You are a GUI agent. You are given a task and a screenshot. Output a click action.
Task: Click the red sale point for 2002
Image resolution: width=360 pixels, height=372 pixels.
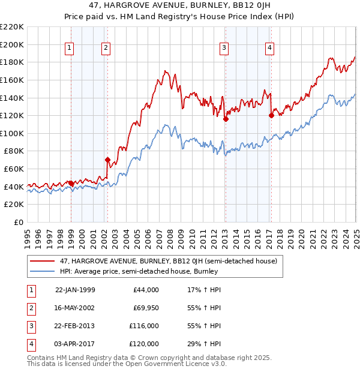108,160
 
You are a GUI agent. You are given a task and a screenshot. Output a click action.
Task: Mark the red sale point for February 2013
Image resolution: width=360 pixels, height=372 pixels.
226,119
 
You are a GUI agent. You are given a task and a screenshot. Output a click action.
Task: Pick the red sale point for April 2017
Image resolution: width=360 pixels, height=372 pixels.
271,115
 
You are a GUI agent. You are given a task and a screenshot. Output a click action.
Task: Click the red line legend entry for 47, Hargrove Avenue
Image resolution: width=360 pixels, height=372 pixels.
168,262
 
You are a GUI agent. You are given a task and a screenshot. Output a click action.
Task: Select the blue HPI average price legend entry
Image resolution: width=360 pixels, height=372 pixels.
138,271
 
